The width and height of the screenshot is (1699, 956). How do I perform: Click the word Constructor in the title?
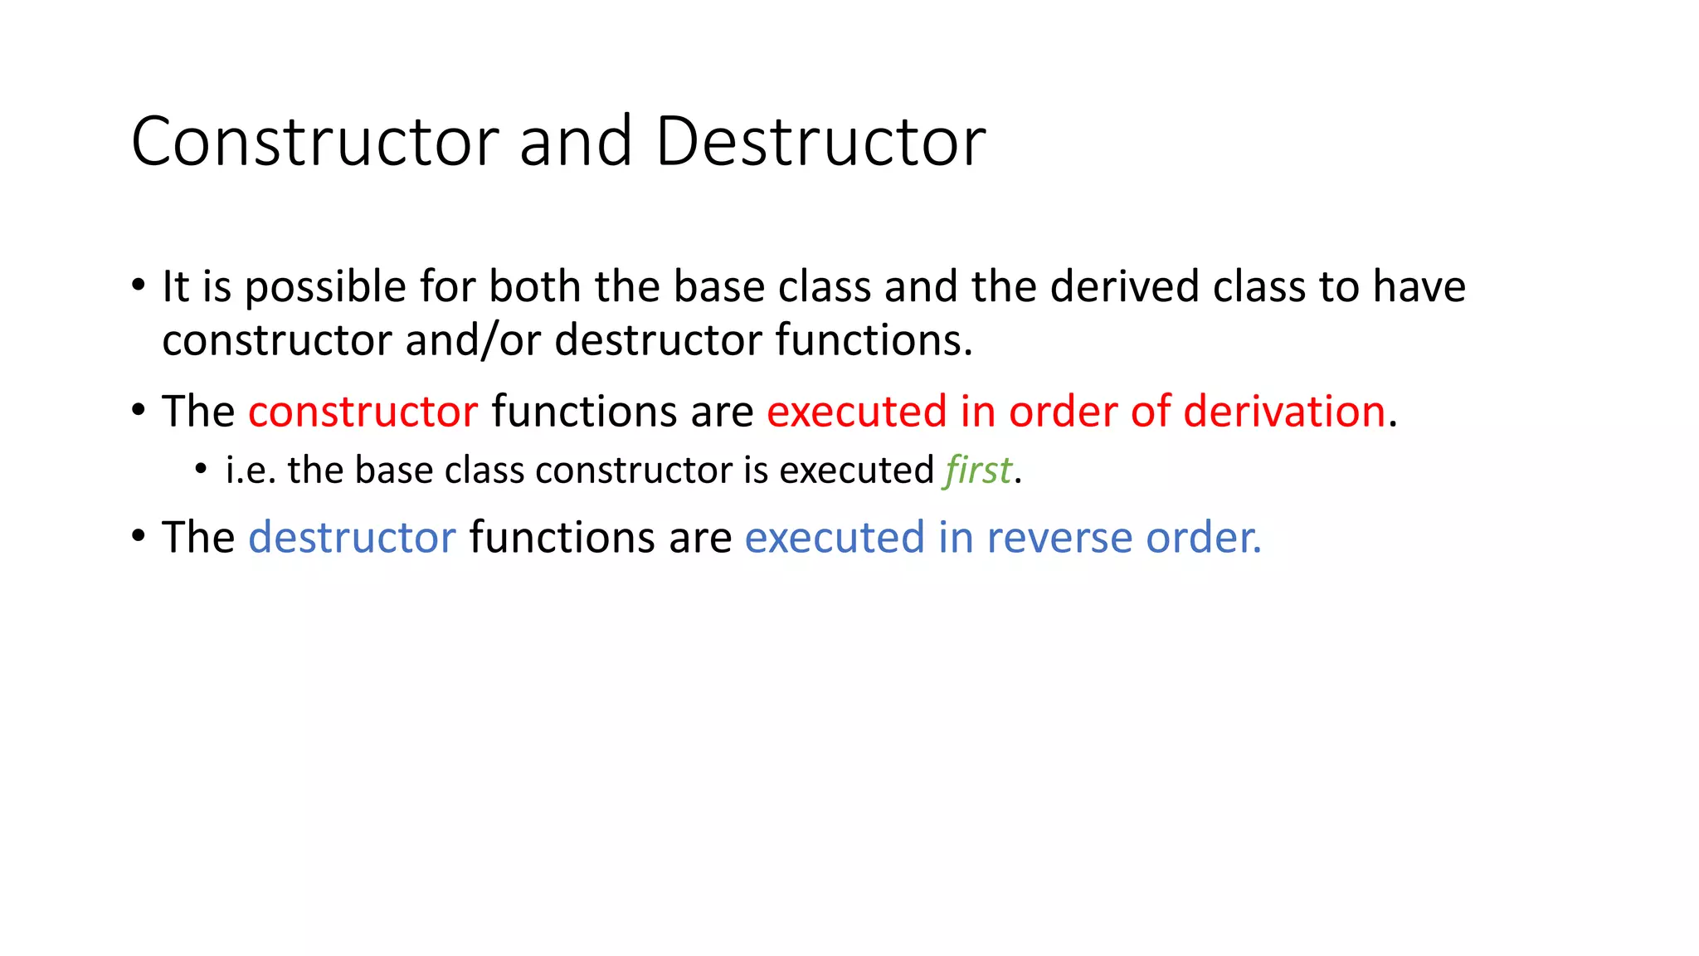315,142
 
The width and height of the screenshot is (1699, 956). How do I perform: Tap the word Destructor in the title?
820,142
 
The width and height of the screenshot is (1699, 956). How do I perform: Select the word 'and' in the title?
577,142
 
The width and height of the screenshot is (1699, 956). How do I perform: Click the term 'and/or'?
473,340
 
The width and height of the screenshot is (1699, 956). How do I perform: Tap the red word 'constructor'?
363,412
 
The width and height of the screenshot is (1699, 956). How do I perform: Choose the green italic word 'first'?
978,471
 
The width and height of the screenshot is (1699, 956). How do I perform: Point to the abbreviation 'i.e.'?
251,471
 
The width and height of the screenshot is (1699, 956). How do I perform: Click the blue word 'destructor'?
352,538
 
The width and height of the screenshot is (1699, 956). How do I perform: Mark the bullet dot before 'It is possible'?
139,285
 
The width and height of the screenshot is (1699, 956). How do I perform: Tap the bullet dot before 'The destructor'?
139,535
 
